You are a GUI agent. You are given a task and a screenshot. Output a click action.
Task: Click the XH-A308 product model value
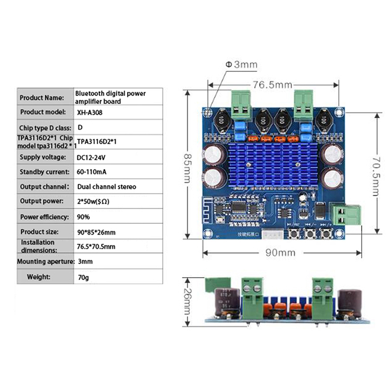point(90,112)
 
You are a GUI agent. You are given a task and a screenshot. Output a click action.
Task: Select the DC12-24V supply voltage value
point(92,157)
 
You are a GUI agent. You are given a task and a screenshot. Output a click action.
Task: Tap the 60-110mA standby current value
point(93,172)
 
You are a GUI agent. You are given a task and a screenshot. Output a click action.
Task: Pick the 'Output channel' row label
point(43,187)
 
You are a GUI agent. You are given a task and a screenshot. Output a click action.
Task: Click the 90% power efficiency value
point(84,217)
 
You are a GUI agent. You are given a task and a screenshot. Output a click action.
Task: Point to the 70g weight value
point(84,277)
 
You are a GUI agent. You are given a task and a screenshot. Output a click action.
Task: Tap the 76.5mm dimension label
point(272,85)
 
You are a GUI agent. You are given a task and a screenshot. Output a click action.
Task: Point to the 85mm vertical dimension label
point(186,166)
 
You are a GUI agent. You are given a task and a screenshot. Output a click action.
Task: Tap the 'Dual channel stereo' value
point(107,187)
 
